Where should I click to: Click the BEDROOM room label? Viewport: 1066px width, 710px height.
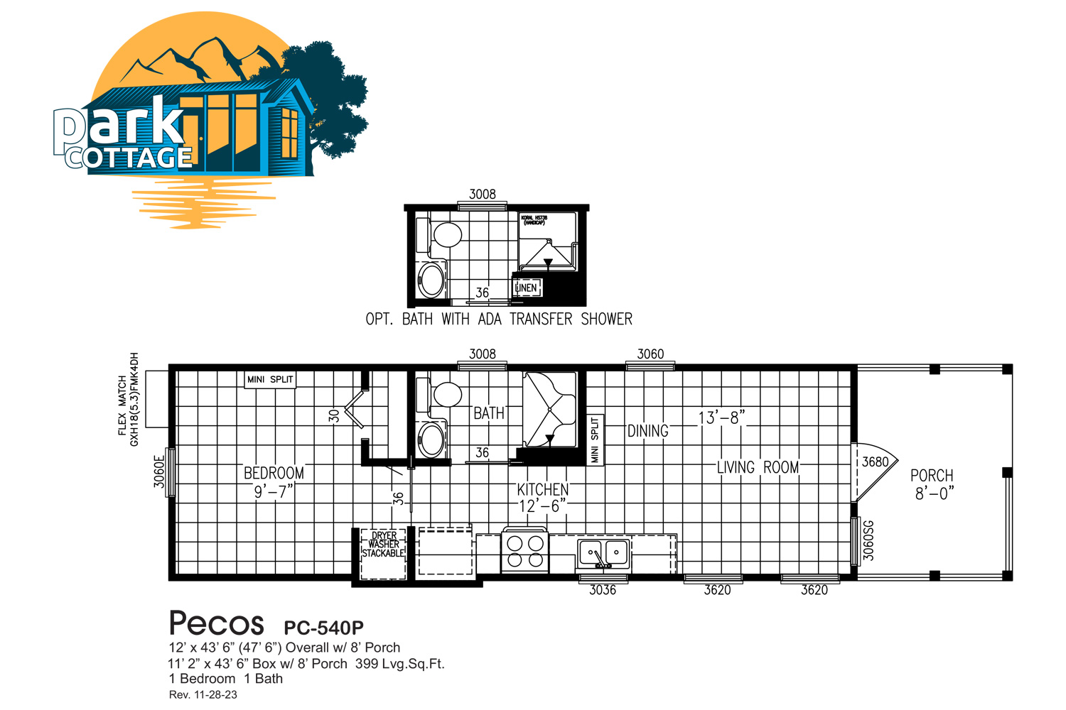(x=274, y=473)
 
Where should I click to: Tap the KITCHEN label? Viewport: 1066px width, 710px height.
(x=542, y=489)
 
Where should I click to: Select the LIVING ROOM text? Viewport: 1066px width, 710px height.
(x=758, y=467)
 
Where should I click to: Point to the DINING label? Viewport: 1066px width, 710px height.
(x=647, y=431)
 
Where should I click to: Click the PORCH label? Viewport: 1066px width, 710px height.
(x=932, y=476)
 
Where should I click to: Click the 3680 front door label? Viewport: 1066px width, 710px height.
(x=875, y=462)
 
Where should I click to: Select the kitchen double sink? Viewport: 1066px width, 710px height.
(x=603, y=552)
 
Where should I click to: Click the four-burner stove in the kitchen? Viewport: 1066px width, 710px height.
(x=524, y=552)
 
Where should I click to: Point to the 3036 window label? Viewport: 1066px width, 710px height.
(x=603, y=590)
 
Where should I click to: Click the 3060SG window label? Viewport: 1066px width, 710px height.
(x=868, y=540)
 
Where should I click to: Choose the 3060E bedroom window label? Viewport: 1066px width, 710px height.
(x=159, y=471)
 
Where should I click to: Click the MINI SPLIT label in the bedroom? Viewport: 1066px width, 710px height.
(x=270, y=380)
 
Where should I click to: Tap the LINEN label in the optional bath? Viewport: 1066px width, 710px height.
(x=527, y=288)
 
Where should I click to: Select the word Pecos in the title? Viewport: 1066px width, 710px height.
(x=217, y=624)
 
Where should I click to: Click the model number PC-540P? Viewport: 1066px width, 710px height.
(x=323, y=628)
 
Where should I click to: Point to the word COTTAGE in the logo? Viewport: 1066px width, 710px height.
(x=130, y=158)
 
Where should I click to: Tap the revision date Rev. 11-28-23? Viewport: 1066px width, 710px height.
(x=203, y=695)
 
